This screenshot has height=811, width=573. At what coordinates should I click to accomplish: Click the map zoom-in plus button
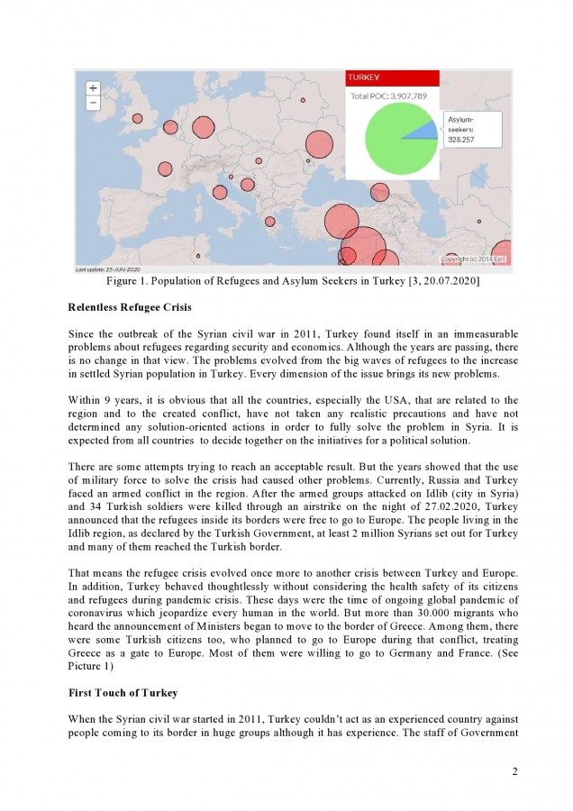coord(93,88)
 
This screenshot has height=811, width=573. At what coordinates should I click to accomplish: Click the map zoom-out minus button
coord(93,103)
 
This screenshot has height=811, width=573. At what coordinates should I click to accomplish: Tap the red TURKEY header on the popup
coord(393,78)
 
